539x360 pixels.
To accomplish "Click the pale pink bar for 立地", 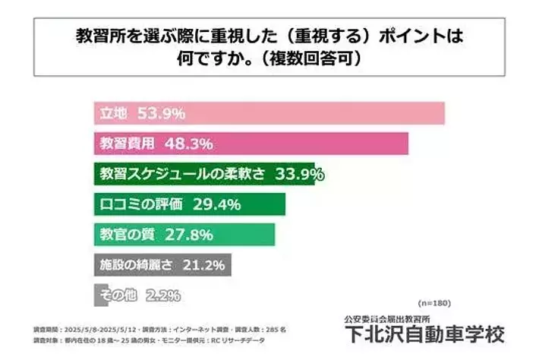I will (304, 114).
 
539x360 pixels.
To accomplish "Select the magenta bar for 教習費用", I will (304, 144).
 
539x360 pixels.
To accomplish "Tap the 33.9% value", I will (300, 174).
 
